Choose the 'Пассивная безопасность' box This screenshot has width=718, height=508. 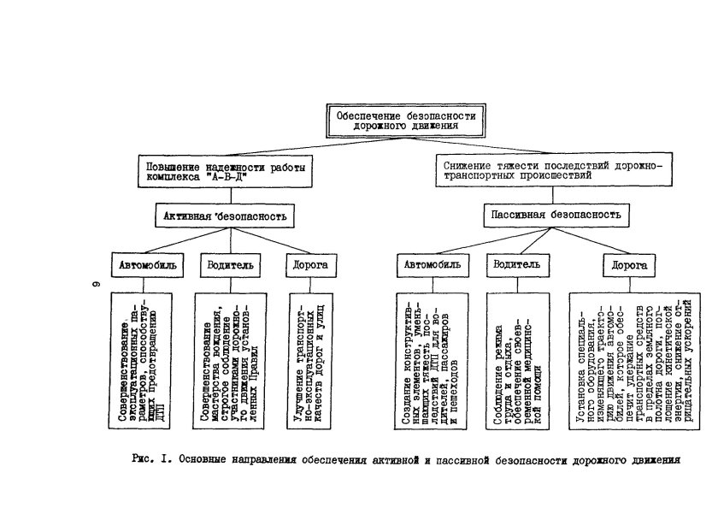pyautogui.click(x=556, y=214)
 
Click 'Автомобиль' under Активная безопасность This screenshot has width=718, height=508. pyautogui.click(x=147, y=265)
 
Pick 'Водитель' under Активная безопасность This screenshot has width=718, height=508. pyautogui.click(x=229, y=265)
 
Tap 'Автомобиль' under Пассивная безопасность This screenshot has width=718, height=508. pyautogui.click(x=432, y=265)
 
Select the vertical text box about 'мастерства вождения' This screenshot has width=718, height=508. pyautogui.click(x=227, y=359)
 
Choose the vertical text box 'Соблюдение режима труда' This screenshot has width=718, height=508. pyautogui.click(x=515, y=359)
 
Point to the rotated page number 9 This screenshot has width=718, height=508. pyautogui.click(x=97, y=284)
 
